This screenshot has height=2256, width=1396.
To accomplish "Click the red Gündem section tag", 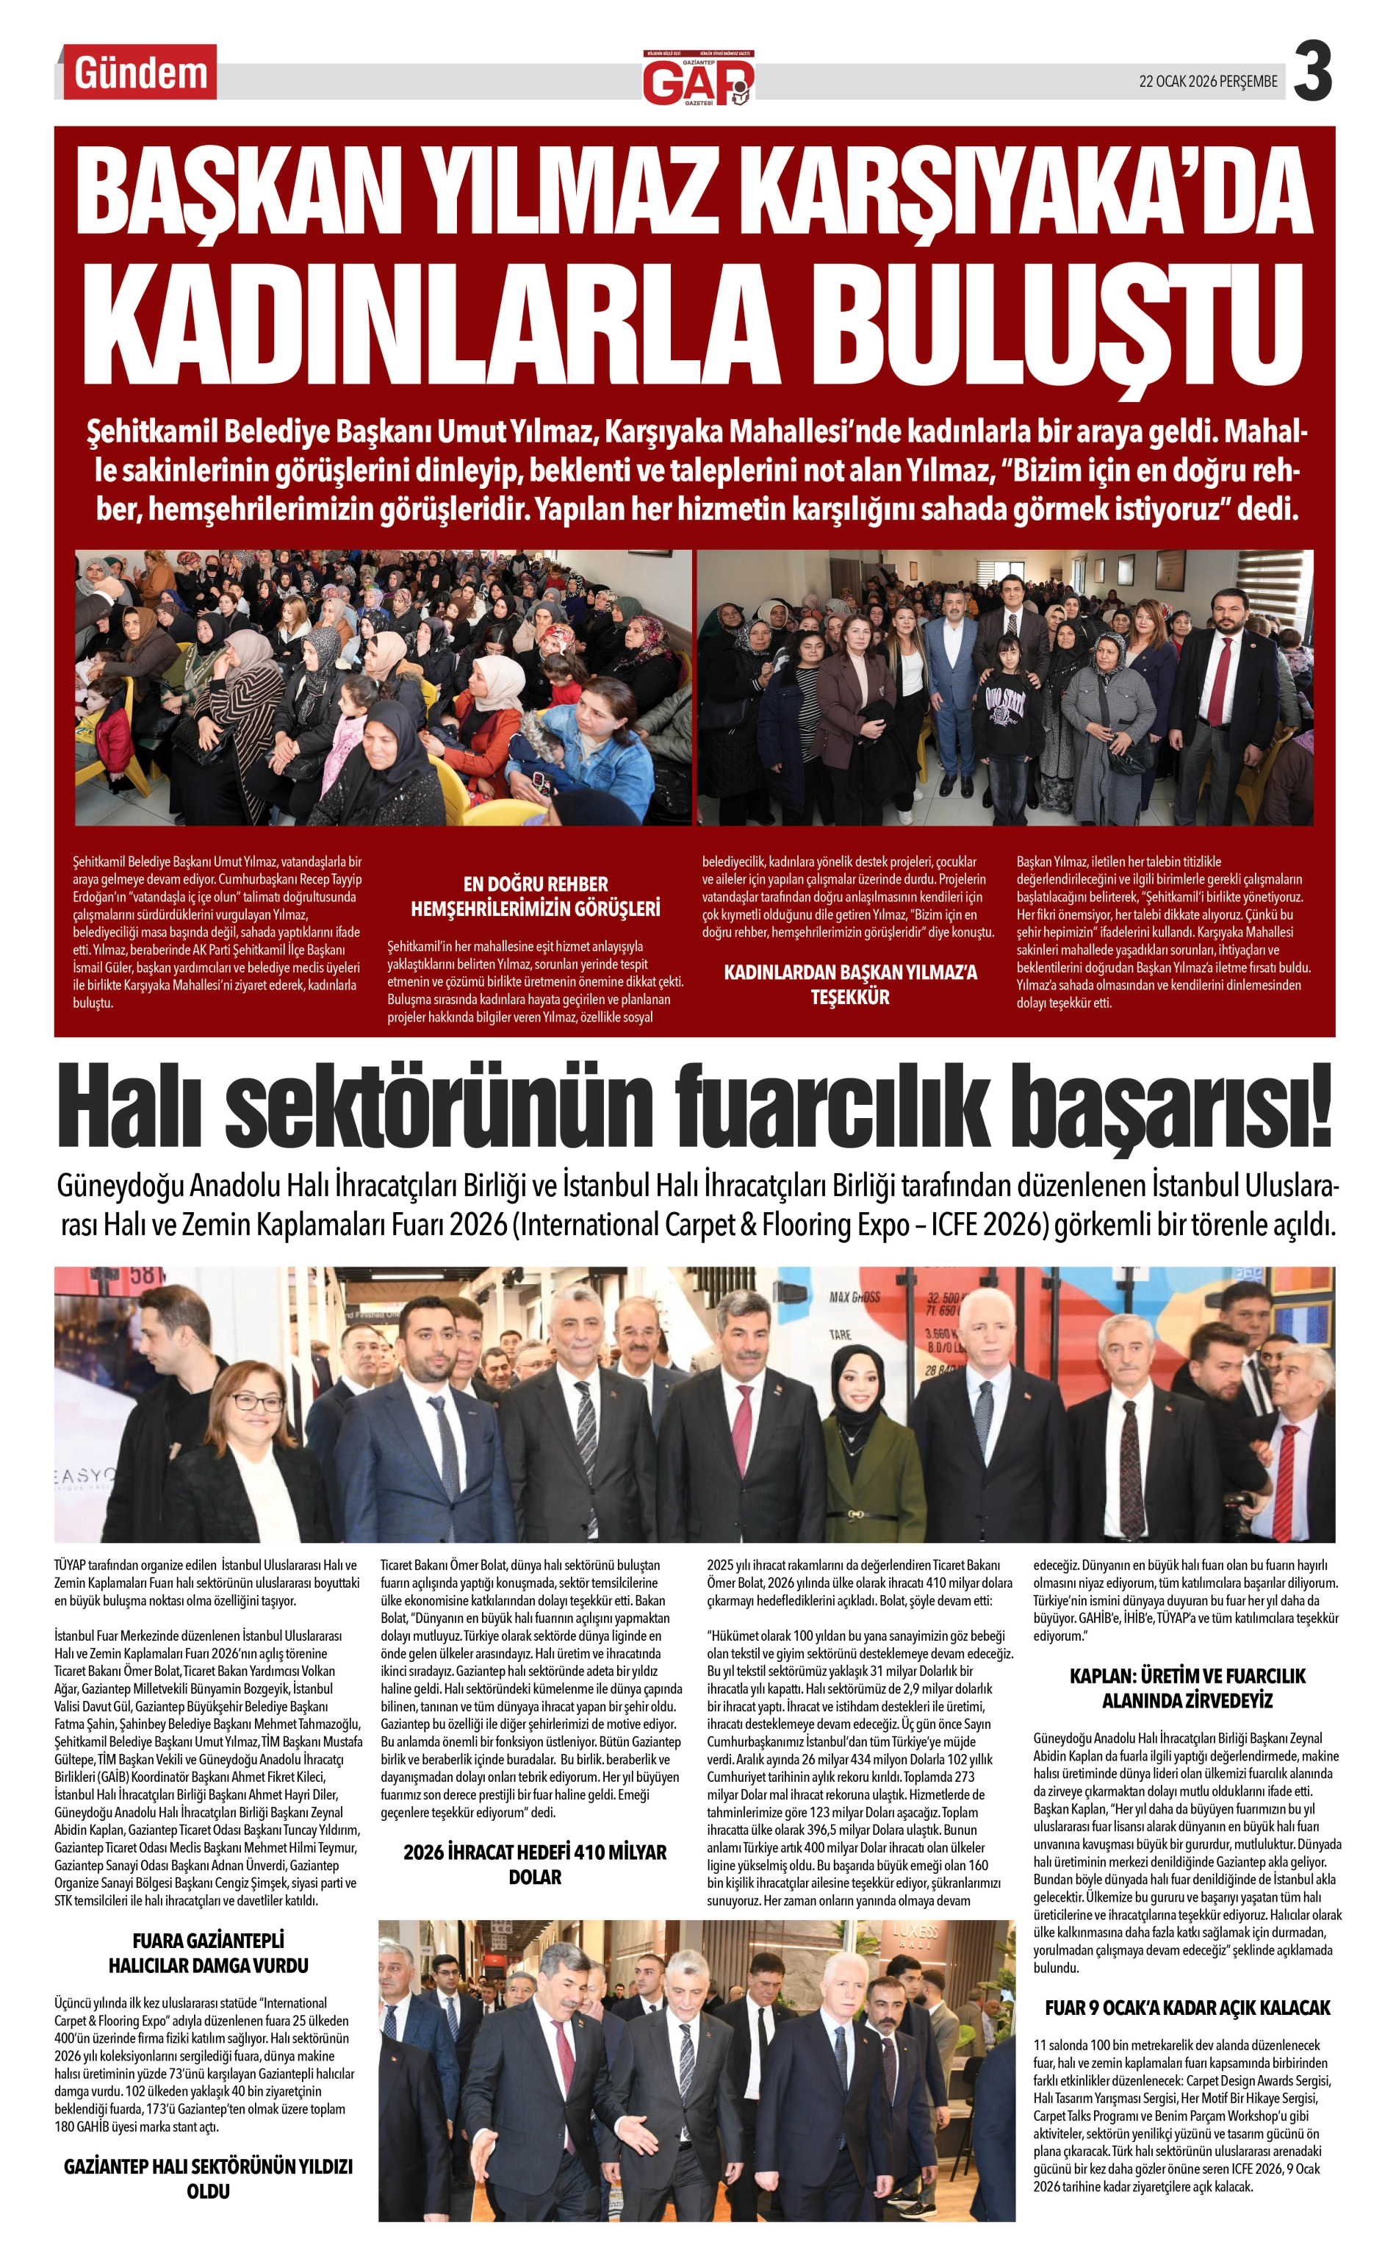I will point(140,74).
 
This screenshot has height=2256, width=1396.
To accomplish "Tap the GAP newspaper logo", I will point(698,79).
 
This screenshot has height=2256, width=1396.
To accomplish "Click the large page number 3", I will point(1312,72).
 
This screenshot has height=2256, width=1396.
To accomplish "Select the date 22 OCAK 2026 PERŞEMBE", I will point(1208,82).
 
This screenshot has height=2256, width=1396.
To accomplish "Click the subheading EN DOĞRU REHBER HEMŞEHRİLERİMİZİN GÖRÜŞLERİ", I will point(536,896).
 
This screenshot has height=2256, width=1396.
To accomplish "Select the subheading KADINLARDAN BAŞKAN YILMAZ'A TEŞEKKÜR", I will point(849,984).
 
